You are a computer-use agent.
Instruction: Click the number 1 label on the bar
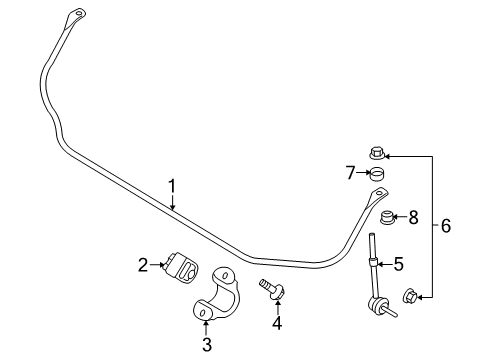[172, 185]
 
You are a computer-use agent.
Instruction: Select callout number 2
[142, 265]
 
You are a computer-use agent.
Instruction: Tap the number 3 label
[206, 345]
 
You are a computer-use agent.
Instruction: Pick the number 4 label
[277, 322]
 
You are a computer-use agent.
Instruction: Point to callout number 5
[398, 265]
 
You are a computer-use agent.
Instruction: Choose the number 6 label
[445, 226]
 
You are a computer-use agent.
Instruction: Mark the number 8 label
[412, 216]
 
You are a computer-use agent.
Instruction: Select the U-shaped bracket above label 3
[219, 295]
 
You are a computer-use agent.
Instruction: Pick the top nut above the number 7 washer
[377, 153]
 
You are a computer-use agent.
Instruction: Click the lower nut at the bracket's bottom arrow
[410, 295]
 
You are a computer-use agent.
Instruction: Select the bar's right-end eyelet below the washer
[377, 194]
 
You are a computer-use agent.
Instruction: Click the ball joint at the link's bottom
[381, 309]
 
